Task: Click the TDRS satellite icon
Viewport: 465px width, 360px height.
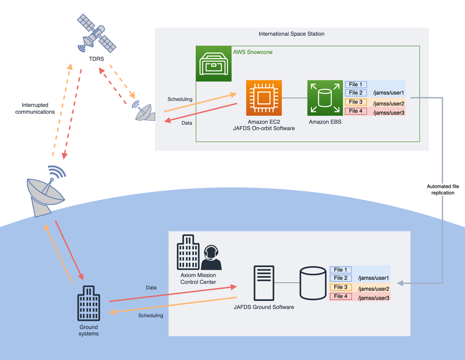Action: coord(96,33)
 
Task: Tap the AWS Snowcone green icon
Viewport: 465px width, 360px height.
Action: coord(214,64)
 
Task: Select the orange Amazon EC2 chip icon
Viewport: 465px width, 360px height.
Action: coord(264,98)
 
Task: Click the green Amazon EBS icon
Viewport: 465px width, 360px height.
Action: coord(325,98)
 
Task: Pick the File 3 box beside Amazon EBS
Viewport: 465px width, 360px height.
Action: coord(356,102)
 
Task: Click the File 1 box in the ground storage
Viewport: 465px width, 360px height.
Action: coord(340,270)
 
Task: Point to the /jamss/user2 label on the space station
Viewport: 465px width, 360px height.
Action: coord(389,104)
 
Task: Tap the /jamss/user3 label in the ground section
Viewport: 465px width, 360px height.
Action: coord(373,298)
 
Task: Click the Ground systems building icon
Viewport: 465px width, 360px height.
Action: coord(88,303)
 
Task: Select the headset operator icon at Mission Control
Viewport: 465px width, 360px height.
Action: coord(211,258)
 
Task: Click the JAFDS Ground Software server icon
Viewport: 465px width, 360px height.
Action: coord(264,283)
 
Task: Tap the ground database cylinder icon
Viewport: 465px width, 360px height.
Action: coord(313,283)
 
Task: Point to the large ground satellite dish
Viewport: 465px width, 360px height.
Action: coord(46,193)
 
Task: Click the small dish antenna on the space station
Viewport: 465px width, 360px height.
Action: coord(144,112)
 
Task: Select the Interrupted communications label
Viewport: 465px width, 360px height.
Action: coord(35,109)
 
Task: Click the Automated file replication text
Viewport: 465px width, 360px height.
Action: coord(443,190)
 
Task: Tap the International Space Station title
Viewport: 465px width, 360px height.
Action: coord(291,34)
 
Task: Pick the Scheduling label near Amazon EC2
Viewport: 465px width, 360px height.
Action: coord(180,99)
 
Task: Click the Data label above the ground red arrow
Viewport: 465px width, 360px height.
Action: coord(151,288)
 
